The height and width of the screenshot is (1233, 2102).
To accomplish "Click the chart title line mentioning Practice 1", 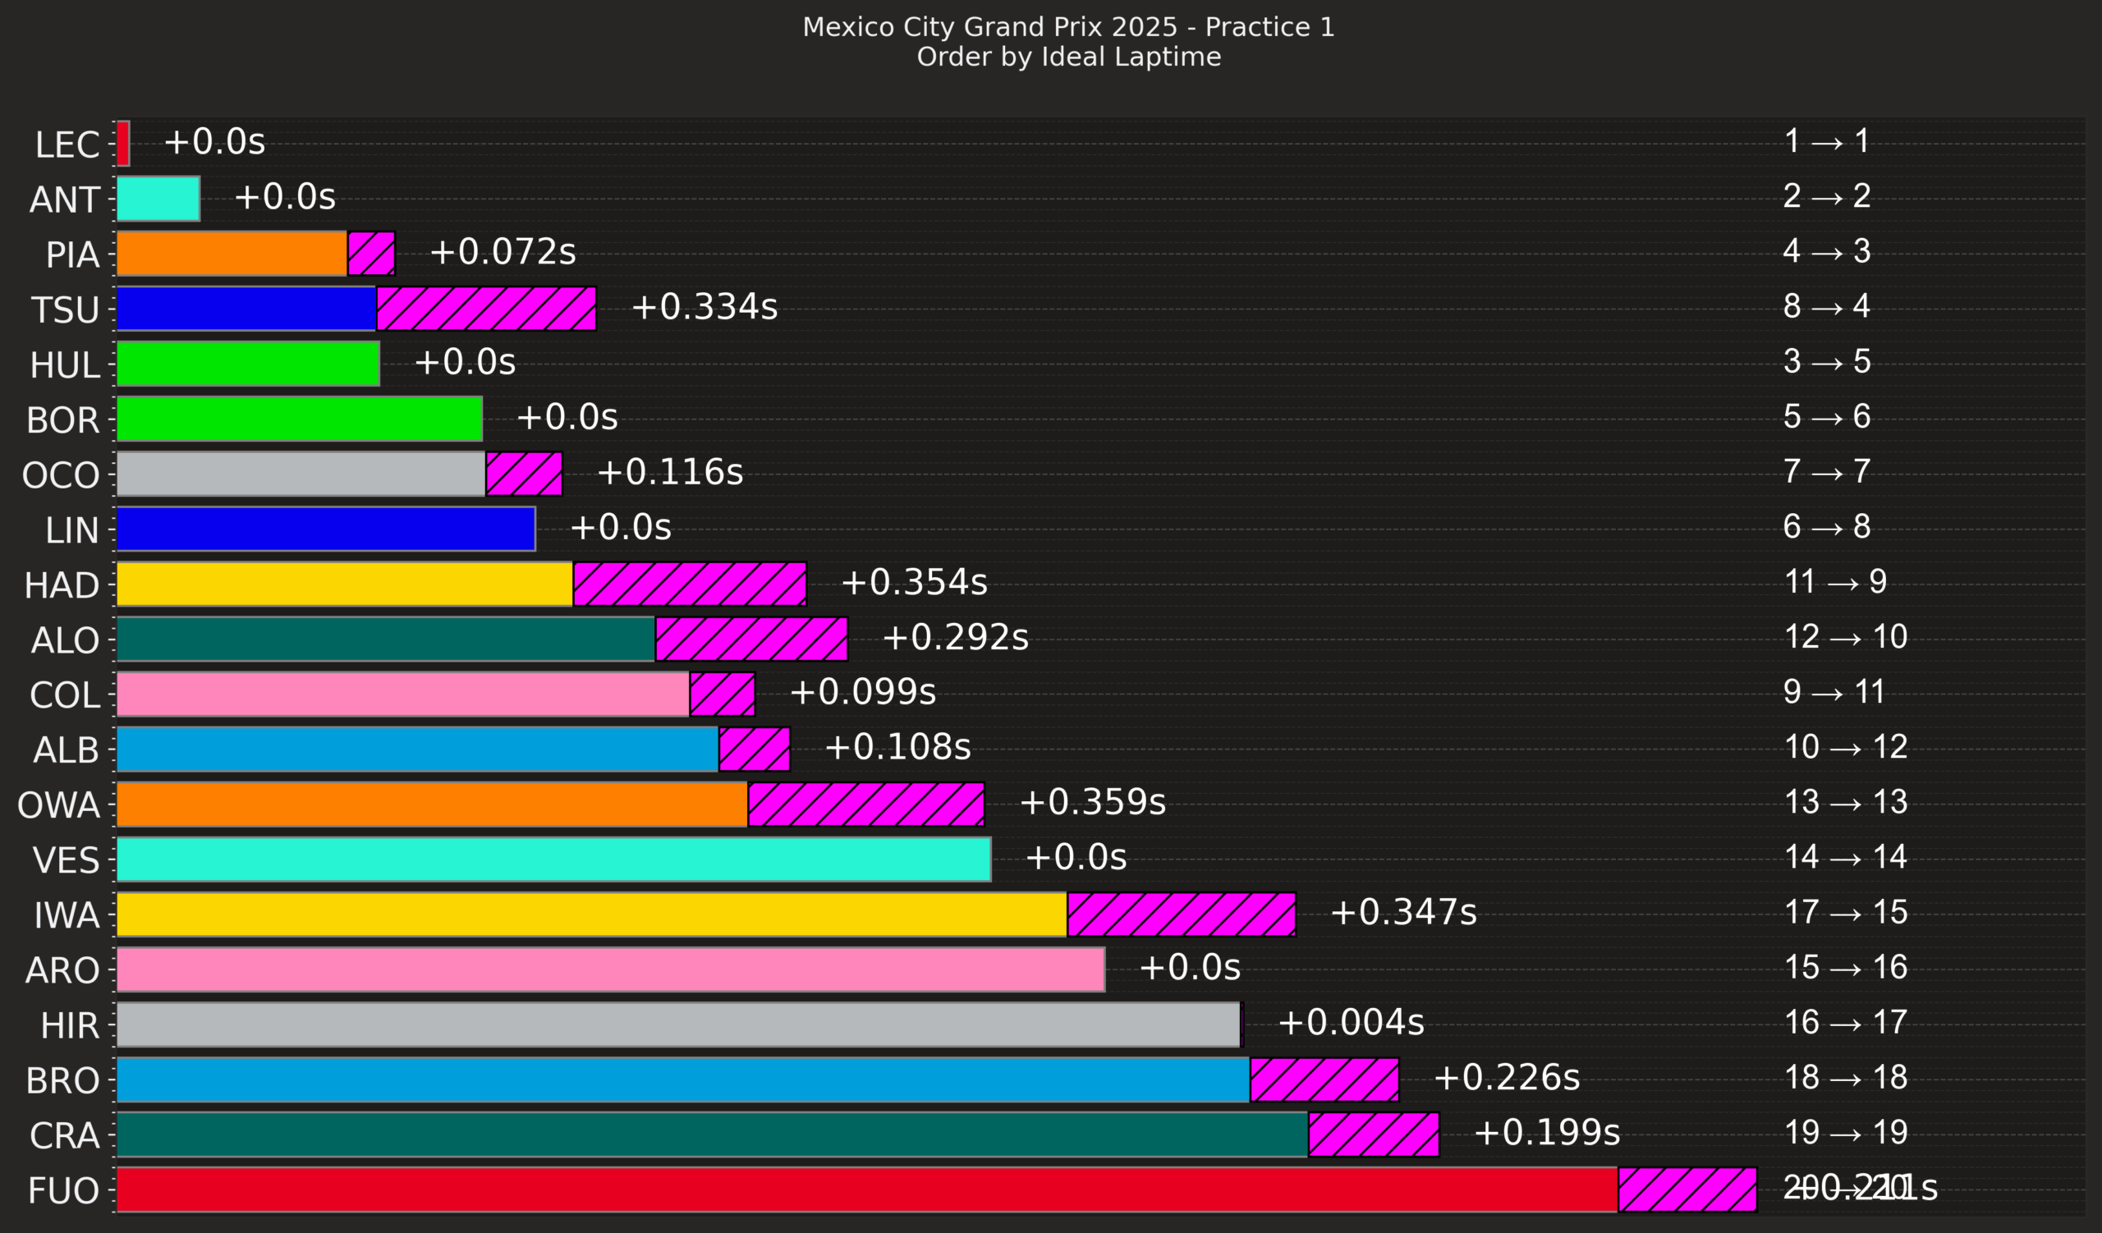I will point(1067,28).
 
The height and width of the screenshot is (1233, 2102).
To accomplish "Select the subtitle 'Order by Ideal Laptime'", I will point(1067,57).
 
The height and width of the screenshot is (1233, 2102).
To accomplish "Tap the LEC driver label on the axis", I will point(67,144).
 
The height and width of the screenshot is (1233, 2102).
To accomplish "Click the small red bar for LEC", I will point(122,144).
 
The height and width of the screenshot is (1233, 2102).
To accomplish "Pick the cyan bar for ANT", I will point(158,199).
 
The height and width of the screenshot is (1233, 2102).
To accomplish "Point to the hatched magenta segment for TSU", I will point(485,309).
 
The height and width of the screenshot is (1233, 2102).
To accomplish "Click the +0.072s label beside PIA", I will point(503,252).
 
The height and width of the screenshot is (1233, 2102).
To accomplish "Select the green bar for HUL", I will point(248,364).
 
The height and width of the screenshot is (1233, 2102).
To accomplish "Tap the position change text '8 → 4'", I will point(1826,307).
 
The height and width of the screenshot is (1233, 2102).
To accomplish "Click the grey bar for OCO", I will point(301,474).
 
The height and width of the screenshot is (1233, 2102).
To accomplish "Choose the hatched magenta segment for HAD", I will point(689,584).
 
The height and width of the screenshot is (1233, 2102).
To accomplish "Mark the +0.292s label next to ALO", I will point(955,638).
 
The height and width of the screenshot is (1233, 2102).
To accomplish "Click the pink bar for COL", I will point(403,694).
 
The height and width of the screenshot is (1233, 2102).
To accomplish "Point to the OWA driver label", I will point(58,805).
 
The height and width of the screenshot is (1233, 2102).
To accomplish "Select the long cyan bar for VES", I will point(553,859).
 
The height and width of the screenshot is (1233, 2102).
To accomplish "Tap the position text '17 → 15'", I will point(1845,912).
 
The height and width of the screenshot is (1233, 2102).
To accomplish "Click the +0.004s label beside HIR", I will point(1351,1023).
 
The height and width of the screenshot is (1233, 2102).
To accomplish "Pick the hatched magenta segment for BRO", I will point(1324,1079).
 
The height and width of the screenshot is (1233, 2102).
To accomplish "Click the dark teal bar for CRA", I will point(712,1134).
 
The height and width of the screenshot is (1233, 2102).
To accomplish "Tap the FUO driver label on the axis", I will point(63,1190).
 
